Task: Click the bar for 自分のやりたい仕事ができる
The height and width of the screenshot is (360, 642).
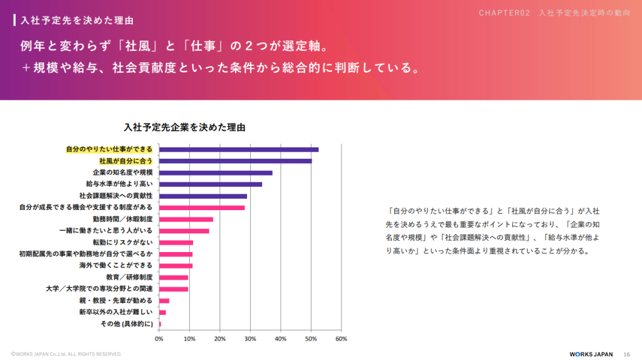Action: [238, 149]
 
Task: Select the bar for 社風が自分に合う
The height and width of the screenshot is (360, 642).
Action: [235, 161]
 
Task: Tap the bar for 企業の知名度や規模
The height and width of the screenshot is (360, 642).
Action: [216, 172]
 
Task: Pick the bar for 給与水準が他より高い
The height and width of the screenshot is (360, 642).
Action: [210, 184]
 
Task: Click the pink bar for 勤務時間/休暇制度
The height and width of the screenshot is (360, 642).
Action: [186, 219]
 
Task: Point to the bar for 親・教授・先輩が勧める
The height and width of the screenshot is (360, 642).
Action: [164, 300]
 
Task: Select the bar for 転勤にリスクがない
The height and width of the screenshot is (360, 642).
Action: [176, 242]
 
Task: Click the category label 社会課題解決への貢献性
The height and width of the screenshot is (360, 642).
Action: [116, 196]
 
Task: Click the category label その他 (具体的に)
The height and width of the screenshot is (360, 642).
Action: [127, 324]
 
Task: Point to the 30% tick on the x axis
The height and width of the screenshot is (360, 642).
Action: [250, 339]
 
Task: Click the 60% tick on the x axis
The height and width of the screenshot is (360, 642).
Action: [341, 339]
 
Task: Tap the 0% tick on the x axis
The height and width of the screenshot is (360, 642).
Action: [159, 339]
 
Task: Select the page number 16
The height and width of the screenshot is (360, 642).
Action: [626, 354]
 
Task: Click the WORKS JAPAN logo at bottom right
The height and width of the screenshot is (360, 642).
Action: [591, 354]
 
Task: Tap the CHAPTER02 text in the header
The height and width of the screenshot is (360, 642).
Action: [505, 13]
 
